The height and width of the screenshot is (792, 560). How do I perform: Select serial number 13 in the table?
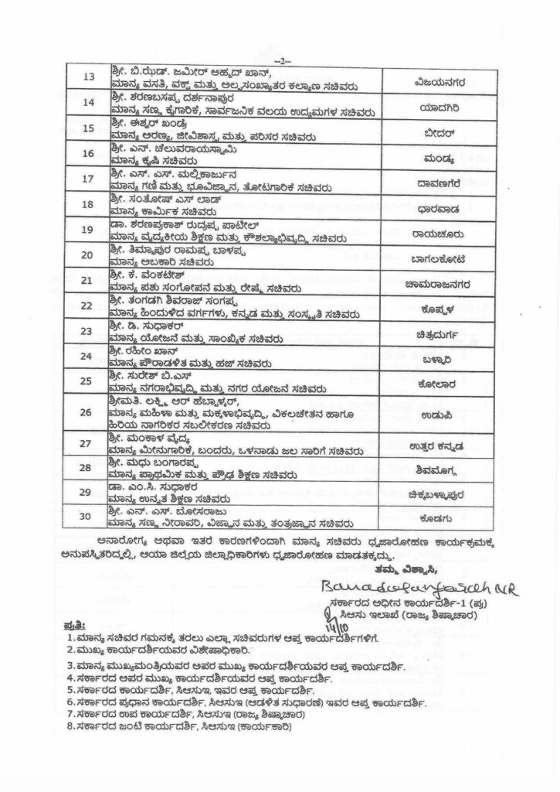pyautogui.click(x=89, y=77)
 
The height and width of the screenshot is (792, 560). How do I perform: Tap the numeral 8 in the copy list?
pyautogui.click(x=70, y=727)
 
